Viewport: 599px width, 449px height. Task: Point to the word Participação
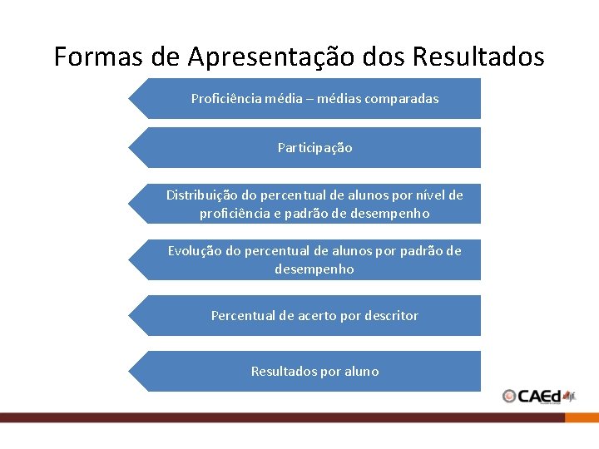click(314, 148)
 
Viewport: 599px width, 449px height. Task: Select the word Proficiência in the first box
click(226, 99)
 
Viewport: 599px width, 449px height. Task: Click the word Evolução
click(195, 251)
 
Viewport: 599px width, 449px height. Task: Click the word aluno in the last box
click(359, 372)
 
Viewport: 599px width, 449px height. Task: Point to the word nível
click(429, 195)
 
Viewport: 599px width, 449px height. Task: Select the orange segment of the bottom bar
click(582, 418)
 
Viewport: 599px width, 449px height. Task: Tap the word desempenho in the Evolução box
click(314, 269)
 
